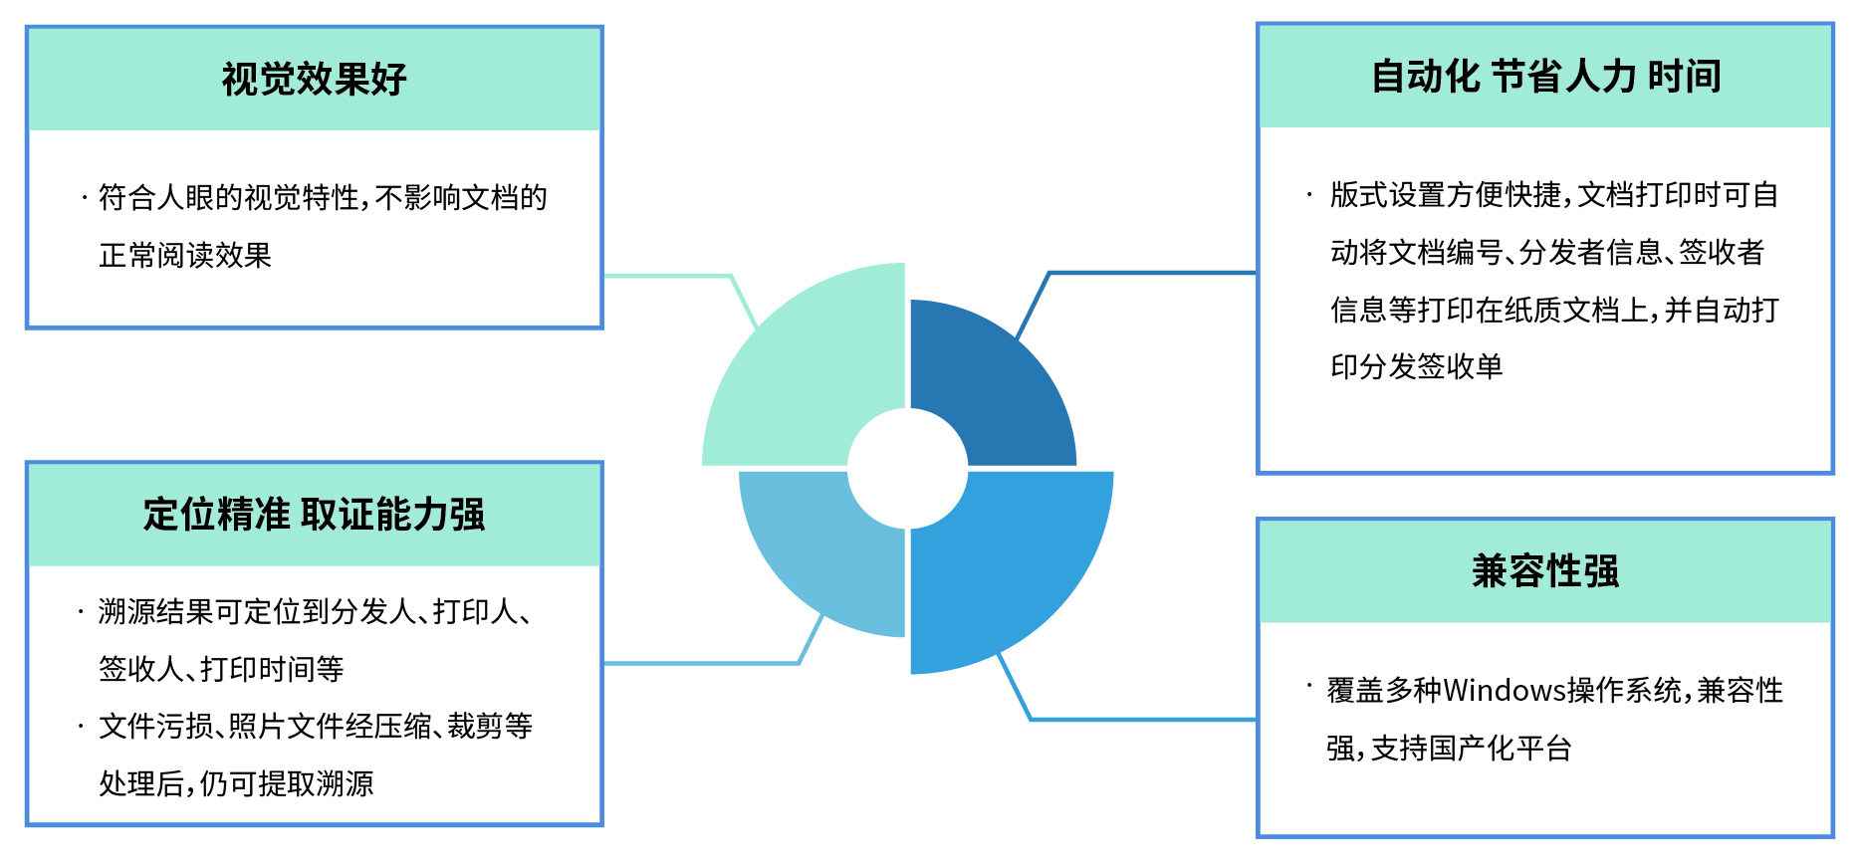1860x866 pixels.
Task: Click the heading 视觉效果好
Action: click(314, 80)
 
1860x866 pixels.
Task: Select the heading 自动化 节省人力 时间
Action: click(1545, 77)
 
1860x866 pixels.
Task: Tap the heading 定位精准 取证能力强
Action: click(314, 515)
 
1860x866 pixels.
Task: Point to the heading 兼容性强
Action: click(1545, 571)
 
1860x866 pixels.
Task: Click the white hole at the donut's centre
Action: click(907, 468)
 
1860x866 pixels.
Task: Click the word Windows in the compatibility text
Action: click(1505, 690)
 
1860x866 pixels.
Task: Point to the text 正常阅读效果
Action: click(185, 256)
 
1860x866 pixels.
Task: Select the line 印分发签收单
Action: click(1416, 367)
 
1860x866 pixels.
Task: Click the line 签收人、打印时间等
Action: click(221, 669)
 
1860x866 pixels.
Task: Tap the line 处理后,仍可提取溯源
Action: click(236, 784)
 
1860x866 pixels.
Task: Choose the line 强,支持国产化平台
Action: click(1449, 748)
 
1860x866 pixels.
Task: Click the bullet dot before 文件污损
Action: click(81, 727)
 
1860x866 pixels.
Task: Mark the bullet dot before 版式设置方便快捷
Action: click(1309, 195)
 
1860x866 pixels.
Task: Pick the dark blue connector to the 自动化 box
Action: click(1145, 272)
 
